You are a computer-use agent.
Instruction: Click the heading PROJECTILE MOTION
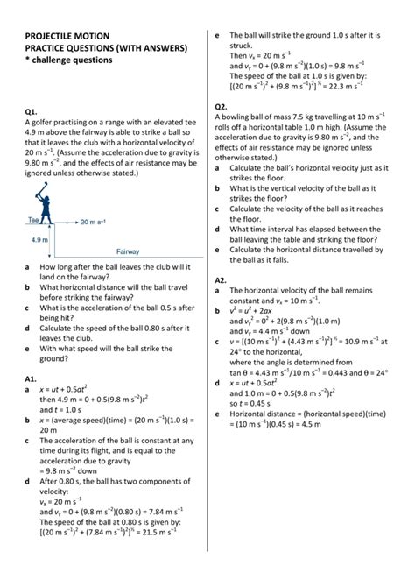69,37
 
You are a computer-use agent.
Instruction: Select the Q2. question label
222,106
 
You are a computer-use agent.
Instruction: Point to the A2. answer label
222,279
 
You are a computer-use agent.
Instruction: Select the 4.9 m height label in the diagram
39,238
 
